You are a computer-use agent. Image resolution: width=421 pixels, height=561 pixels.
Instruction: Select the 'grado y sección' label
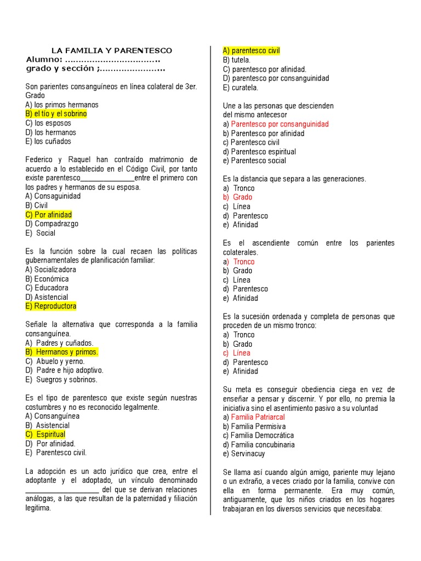pos(61,68)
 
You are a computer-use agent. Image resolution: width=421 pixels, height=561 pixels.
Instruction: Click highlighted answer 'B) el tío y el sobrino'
pos(56,114)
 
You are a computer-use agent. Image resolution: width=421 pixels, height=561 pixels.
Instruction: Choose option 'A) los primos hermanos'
pos(62,105)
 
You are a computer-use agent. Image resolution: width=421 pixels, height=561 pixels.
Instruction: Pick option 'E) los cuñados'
pos(48,141)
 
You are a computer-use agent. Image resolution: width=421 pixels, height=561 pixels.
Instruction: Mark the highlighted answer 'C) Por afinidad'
pos(49,215)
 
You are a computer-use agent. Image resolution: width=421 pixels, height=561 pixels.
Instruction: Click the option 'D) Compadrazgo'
pos(52,224)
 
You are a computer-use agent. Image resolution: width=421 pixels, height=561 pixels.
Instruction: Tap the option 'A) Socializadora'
pos(51,270)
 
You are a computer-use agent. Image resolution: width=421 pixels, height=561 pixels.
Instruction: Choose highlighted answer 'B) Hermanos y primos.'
pos(62,352)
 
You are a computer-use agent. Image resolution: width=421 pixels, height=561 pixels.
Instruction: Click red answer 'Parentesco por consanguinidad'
pos(280,124)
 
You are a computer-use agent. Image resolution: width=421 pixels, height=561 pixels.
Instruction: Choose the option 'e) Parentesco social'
pos(254,161)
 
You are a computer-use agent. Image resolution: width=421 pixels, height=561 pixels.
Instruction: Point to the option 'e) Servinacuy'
pos(244,454)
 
